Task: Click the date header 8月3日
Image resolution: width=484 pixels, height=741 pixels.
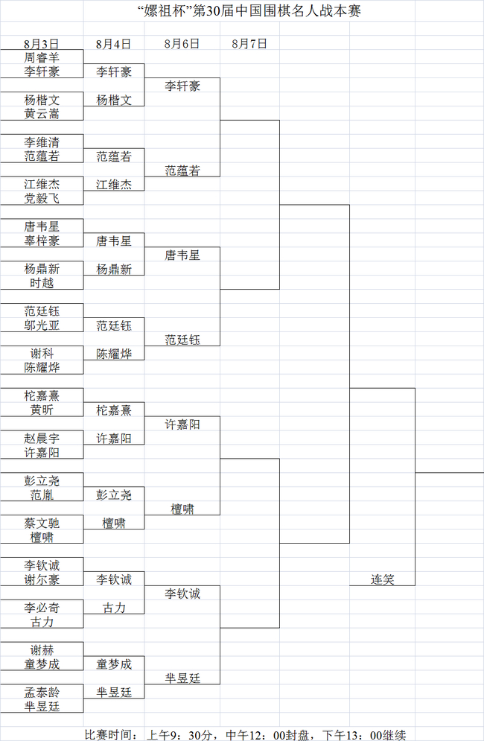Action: pos(41,43)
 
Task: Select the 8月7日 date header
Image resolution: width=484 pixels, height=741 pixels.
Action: pos(249,43)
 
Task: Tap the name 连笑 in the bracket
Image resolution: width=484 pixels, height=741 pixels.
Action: pos(382,579)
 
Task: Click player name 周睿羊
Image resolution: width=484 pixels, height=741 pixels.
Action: pos(41,57)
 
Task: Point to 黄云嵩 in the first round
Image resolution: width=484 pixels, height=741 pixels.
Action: pos(41,114)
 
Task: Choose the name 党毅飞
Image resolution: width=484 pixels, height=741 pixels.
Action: pos(41,198)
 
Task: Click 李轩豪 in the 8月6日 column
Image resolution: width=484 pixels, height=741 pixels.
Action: pos(182,86)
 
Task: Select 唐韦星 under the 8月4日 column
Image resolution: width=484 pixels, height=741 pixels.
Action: pos(114,241)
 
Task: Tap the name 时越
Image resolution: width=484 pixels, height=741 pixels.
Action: pos(41,283)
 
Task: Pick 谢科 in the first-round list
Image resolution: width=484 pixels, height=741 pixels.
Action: pos(41,354)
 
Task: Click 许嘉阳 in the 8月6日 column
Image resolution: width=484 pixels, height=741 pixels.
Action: pos(182,424)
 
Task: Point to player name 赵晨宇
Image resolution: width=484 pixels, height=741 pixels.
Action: pos(41,439)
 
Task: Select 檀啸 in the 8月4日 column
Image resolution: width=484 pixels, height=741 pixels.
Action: pos(114,524)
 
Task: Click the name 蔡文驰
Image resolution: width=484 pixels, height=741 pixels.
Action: pos(41,524)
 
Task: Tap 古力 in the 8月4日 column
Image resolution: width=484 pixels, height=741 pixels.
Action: pos(114,608)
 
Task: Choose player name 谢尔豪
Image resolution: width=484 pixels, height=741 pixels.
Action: pos(41,579)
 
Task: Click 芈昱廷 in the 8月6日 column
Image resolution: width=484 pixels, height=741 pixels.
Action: pos(182,678)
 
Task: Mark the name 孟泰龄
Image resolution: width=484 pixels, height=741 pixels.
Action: pos(41,693)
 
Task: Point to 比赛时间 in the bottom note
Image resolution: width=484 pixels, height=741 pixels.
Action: pos(108,734)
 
